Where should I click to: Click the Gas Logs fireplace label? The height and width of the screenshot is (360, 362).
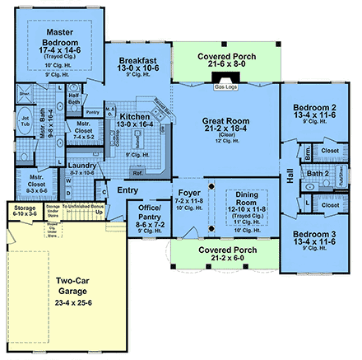225,86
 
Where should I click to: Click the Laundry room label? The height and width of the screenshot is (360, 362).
83,164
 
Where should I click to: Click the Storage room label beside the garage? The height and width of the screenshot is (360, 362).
25,210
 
